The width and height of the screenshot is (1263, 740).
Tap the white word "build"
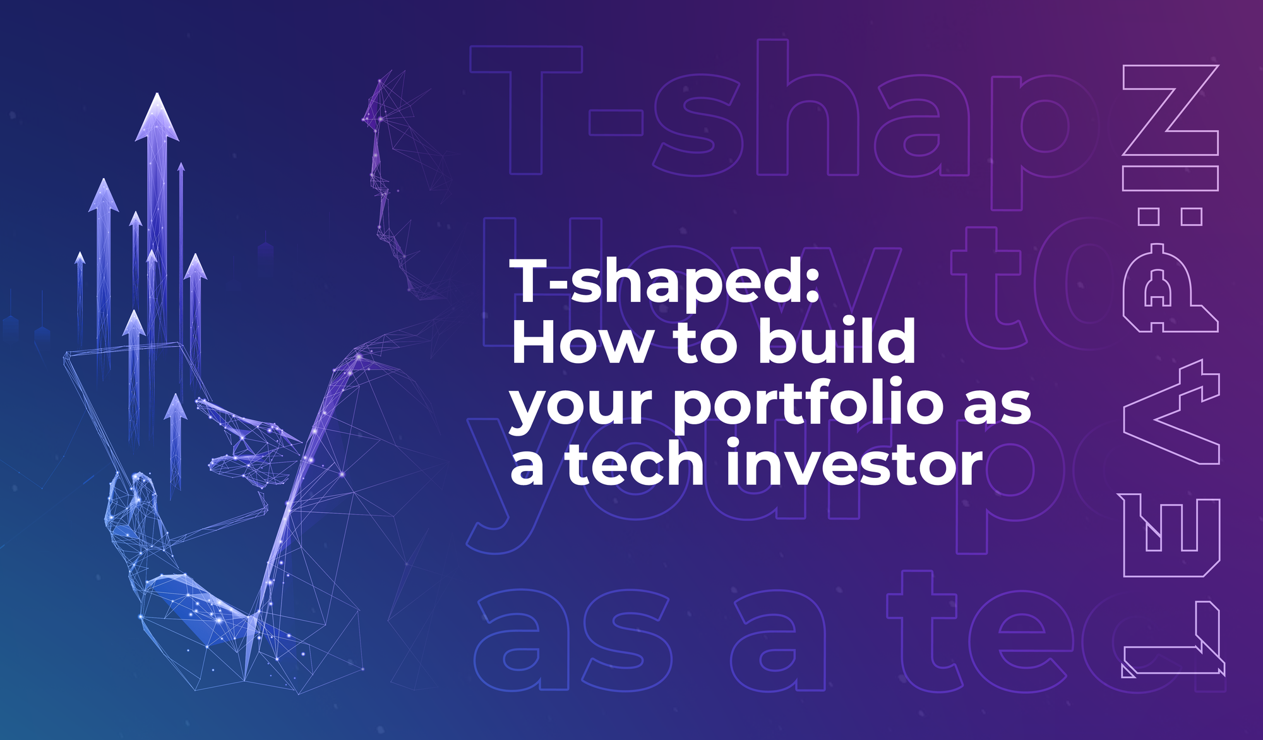click(x=837, y=342)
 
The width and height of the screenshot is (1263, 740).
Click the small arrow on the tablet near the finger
click(x=176, y=436)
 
